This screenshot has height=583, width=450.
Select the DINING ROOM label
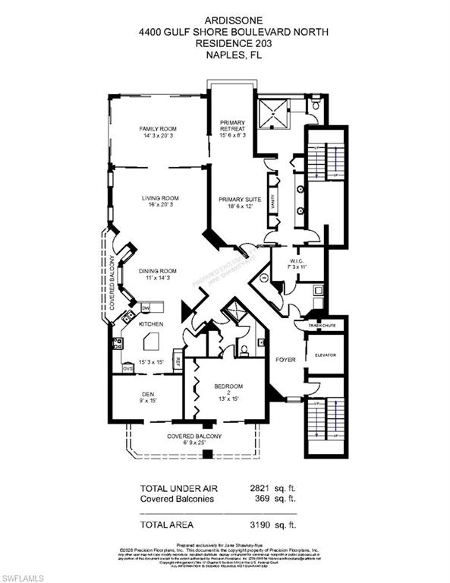[157, 271]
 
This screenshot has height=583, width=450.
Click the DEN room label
[148, 394]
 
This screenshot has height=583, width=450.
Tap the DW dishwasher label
[146, 307]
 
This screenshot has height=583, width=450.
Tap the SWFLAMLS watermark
[26, 574]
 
